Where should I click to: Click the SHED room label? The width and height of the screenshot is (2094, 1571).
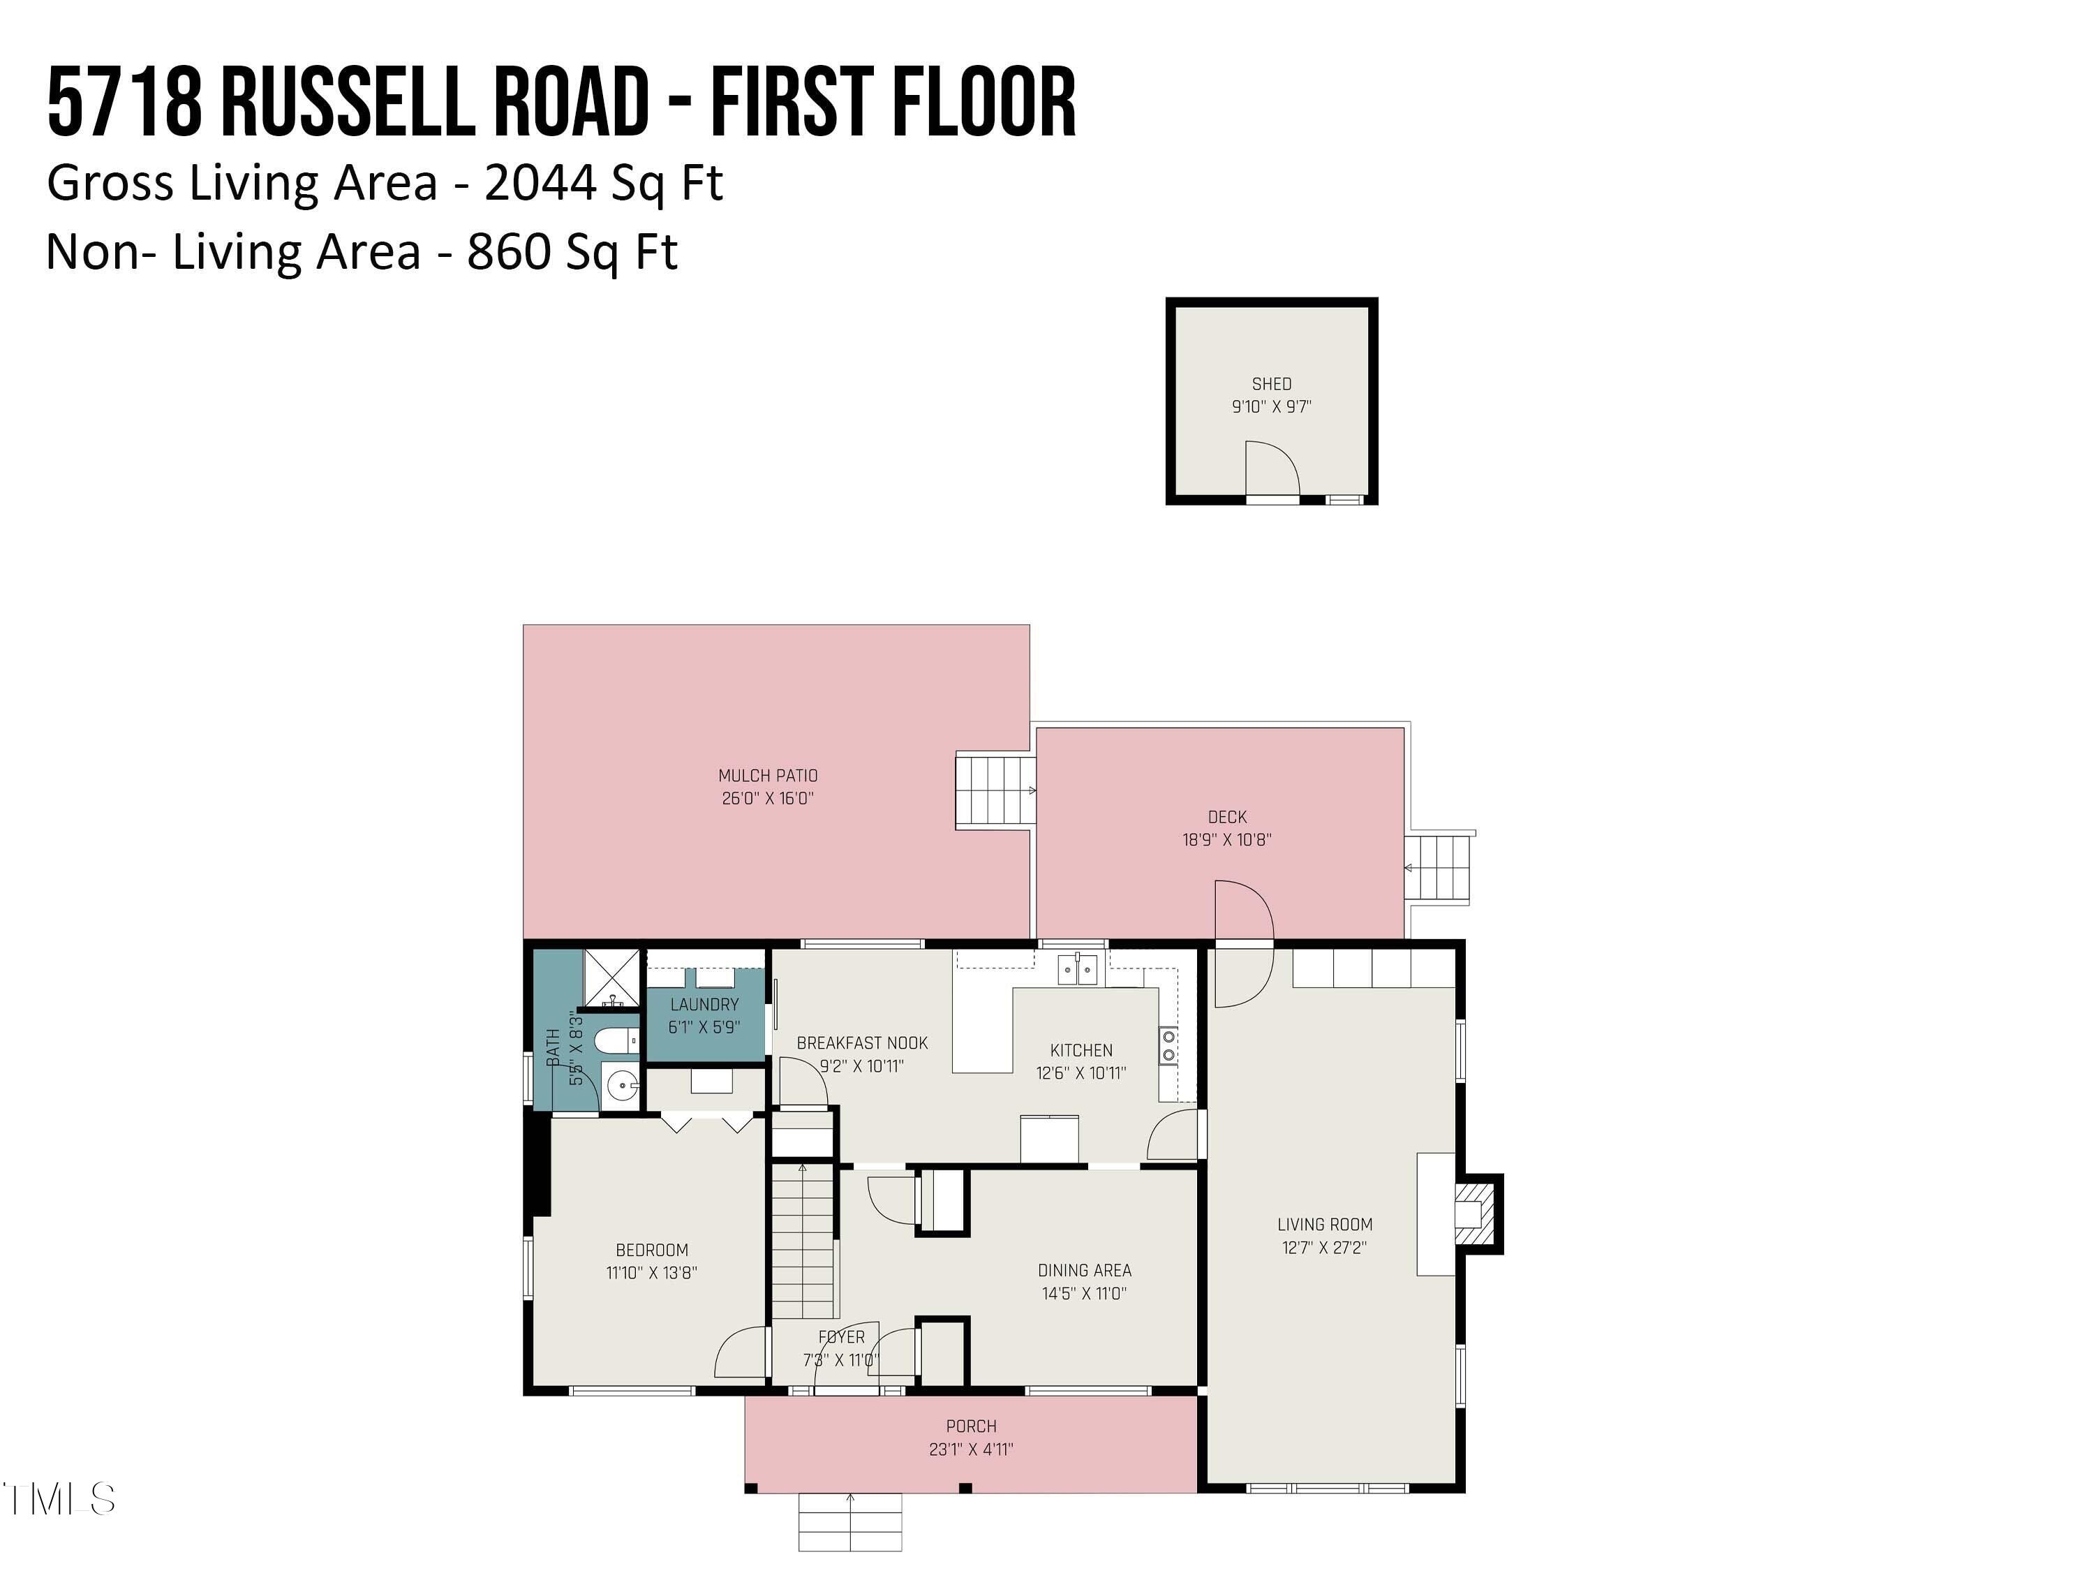pos(1270,383)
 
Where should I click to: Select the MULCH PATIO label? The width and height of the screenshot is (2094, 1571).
pos(767,774)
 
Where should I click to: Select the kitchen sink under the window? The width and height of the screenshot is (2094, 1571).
pos(1077,970)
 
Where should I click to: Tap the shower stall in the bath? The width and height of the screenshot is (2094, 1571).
pos(611,978)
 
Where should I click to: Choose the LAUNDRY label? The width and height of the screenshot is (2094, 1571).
pos(704,1004)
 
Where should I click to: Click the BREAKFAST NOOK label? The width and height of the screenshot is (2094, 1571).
pos(861,1042)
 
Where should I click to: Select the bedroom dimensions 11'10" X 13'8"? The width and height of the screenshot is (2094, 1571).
pos(651,1273)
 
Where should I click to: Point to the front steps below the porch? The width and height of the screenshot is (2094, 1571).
pos(849,1521)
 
